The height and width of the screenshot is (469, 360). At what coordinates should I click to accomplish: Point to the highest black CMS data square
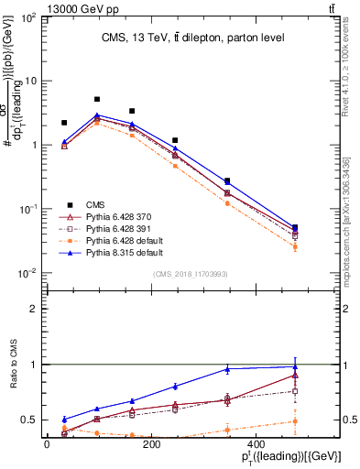point(97,99)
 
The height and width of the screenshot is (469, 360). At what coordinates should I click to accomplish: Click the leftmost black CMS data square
point(64,123)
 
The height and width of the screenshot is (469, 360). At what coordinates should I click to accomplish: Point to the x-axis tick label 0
point(47,444)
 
